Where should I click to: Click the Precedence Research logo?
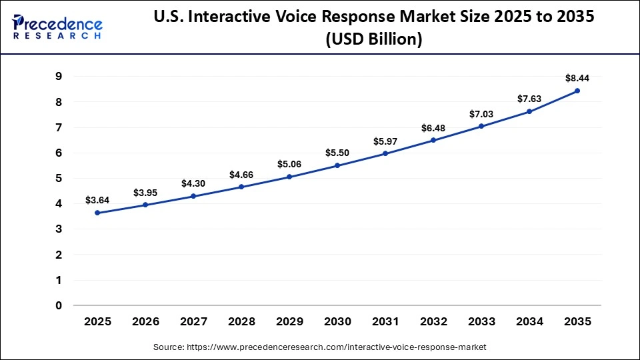pos(57,27)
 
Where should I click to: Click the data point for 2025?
pos(97,213)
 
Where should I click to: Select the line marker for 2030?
pos(337,165)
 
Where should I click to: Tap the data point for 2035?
pos(577,91)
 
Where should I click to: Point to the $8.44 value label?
pos(577,77)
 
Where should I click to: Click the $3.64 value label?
pos(97,199)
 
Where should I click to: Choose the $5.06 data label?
pos(289,164)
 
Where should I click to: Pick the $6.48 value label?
pos(433,127)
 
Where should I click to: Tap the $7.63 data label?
pos(529,99)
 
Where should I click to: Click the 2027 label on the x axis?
pos(193,321)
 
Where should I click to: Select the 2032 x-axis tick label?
pos(433,321)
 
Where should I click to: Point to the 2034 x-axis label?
pos(529,321)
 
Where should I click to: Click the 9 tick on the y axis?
pos(59,77)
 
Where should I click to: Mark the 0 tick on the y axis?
pos(59,306)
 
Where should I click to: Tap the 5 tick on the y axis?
pos(59,179)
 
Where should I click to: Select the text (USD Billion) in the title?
pos(373,39)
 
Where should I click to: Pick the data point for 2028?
pos(241,187)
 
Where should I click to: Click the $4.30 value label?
pos(193,183)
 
